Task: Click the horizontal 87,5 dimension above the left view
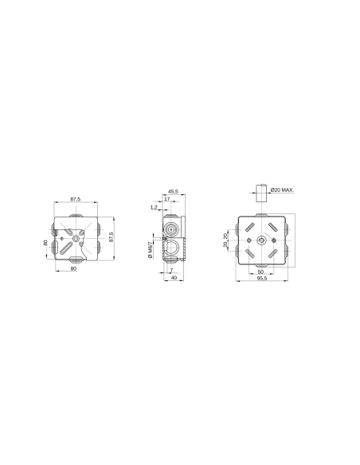click(75, 198)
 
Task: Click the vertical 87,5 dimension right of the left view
click(111, 238)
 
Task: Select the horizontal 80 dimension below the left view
click(73, 269)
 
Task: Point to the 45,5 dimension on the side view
click(173, 192)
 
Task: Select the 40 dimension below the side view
click(173, 277)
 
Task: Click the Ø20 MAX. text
click(282, 190)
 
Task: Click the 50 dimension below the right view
click(260, 272)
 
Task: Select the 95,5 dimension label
click(260, 279)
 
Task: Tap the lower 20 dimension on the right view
click(226, 244)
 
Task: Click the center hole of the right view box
click(260, 239)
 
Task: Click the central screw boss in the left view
click(75, 237)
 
